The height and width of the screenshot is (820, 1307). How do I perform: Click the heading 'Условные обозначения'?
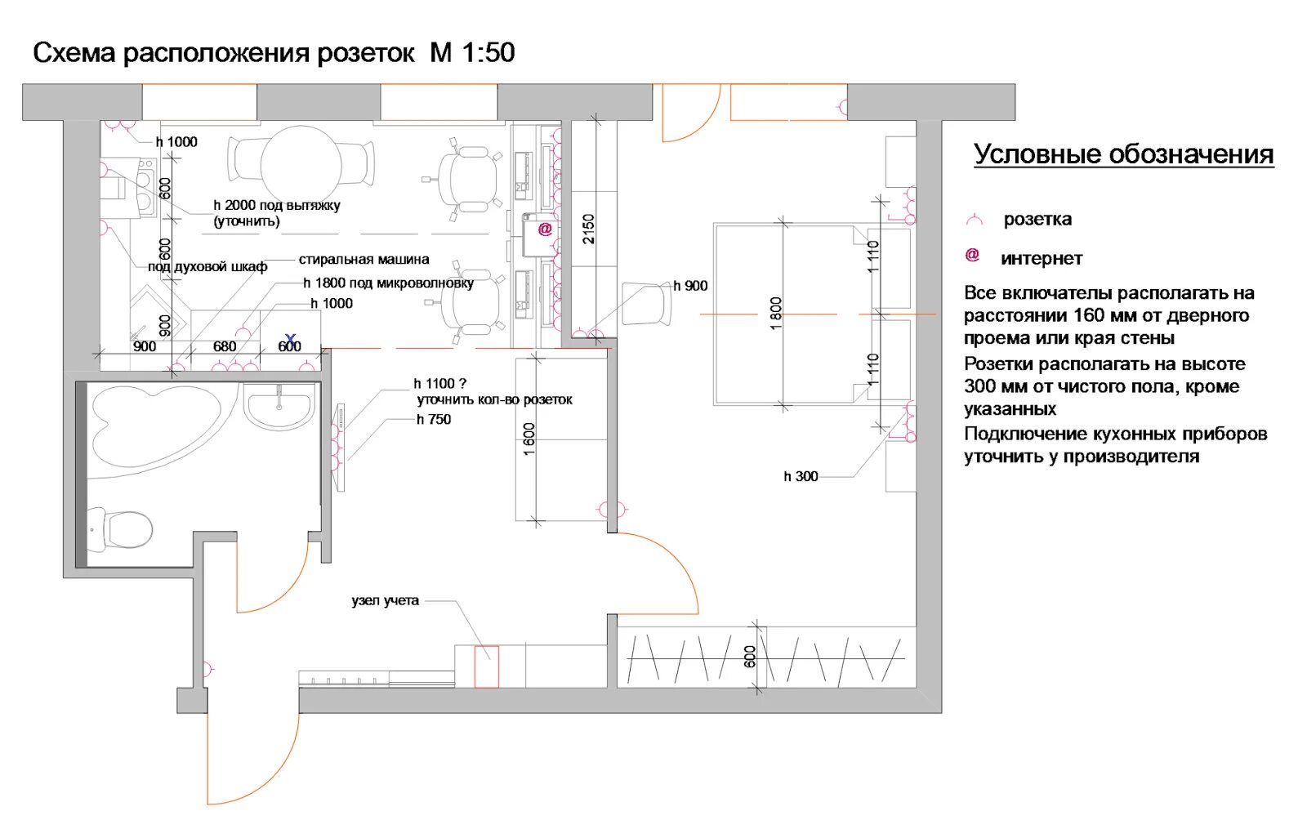click(x=1123, y=154)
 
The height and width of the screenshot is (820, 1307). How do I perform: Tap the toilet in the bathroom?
click(x=121, y=529)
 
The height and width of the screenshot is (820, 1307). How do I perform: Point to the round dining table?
click(x=301, y=164)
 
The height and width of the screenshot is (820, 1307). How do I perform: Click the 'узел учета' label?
click(x=385, y=601)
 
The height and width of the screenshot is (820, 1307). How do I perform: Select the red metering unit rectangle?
click(x=487, y=666)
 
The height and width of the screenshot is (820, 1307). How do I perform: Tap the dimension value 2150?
click(x=588, y=229)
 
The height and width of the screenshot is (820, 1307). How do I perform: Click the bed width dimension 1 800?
click(x=775, y=314)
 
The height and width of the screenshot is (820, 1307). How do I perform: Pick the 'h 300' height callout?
click(x=801, y=476)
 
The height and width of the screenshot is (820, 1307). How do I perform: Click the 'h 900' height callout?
click(x=690, y=286)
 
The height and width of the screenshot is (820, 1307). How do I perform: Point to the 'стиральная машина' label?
click(x=364, y=260)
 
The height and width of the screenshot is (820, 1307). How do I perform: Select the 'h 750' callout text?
click(x=434, y=419)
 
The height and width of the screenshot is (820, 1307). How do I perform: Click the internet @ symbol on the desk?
click(x=545, y=229)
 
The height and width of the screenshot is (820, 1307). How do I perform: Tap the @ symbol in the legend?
click(x=972, y=255)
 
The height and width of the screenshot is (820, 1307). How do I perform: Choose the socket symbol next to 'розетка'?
click(x=975, y=219)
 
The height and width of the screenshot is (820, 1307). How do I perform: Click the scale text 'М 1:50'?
click(x=472, y=52)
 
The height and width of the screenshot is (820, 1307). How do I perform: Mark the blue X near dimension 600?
click(x=291, y=338)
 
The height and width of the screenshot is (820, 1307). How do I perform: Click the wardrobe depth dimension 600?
click(x=751, y=657)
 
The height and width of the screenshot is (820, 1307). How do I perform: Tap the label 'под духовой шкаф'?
click(x=207, y=267)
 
